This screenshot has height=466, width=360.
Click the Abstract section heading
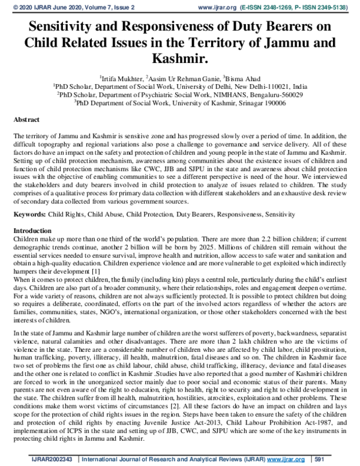click(27, 120)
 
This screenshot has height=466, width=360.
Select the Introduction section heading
click(33, 231)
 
